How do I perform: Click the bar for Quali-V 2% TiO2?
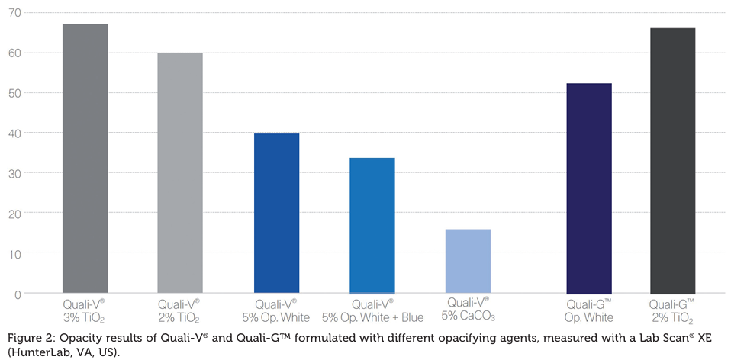pos(180,172)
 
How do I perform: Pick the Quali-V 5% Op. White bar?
pos(276,213)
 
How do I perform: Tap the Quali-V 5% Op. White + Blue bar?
pos(372,225)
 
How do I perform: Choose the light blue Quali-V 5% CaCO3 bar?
pos(468,261)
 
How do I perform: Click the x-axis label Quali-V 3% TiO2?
pos(85,310)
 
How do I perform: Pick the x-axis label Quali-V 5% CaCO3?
pos(468,310)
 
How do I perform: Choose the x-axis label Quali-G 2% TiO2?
pos(672,310)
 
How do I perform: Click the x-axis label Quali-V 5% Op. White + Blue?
pos(372,310)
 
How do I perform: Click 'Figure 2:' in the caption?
pos(29,338)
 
